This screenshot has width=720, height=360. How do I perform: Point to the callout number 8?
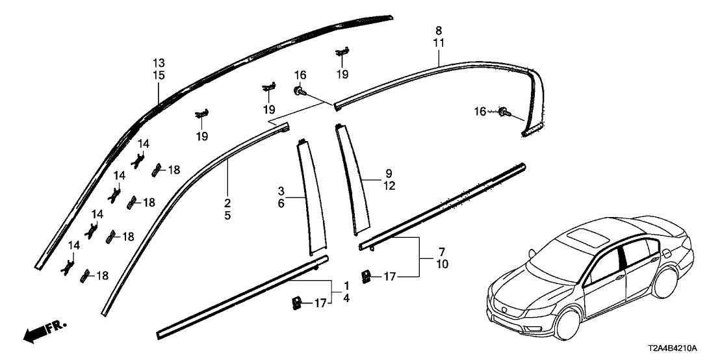(439, 31)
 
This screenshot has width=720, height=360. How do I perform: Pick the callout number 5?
(227, 215)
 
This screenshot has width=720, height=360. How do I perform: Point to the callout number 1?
(346, 286)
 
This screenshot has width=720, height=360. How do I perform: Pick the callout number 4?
(346, 298)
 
